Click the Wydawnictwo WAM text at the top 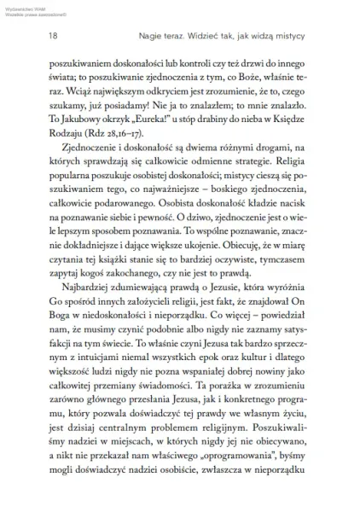click(26, 7)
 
